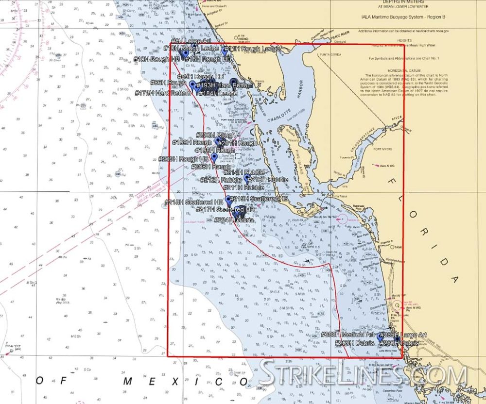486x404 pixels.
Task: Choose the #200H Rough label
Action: click(215, 135)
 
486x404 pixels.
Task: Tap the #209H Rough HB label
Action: click(183, 159)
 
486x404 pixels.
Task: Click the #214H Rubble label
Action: click(244, 172)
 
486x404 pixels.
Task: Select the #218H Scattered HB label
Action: click(194, 202)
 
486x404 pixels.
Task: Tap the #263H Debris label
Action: click(355, 342)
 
